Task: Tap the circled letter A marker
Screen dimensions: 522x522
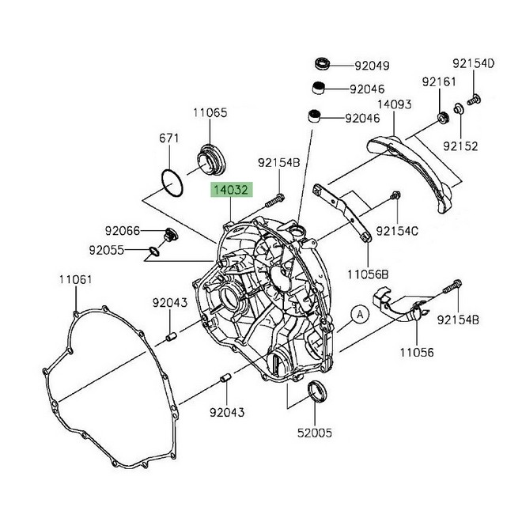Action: pyautogui.click(x=360, y=315)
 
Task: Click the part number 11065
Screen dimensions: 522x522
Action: pyautogui.click(x=210, y=113)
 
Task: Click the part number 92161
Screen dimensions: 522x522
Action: pyautogui.click(x=439, y=81)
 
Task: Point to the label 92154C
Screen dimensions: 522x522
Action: pyautogui.click(x=419, y=231)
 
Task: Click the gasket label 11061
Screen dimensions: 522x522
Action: pyautogui.click(x=75, y=278)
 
